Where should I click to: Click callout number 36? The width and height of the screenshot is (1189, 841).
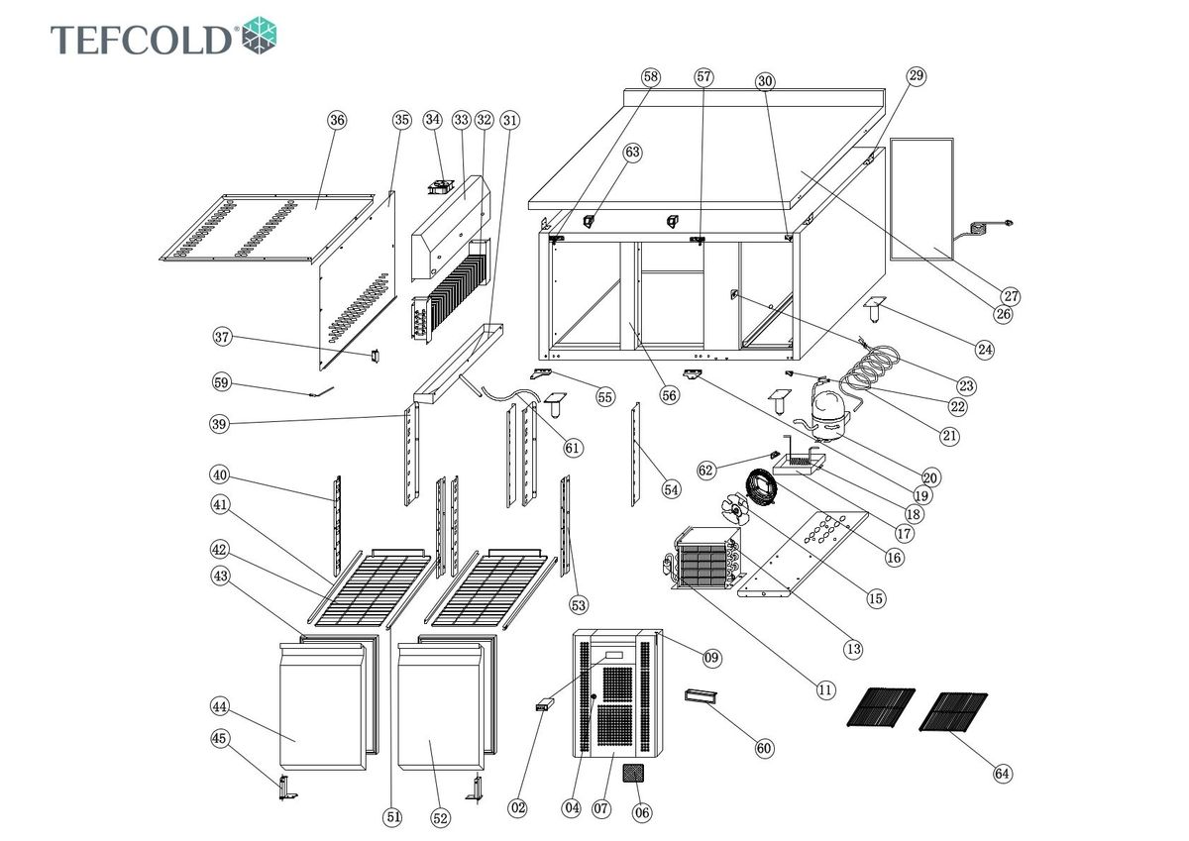pyautogui.click(x=338, y=120)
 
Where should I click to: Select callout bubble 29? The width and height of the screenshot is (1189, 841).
pyautogui.click(x=916, y=76)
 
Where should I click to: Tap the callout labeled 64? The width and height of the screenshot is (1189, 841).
pyautogui.click(x=1003, y=774)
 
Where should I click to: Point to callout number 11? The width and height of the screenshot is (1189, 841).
pyautogui.click(x=825, y=689)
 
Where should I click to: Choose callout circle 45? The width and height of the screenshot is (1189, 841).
pyautogui.click(x=220, y=738)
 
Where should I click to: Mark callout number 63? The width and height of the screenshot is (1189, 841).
pyautogui.click(x=632, y=152)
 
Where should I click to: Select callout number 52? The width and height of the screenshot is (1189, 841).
pyautogui.click(x=440, y=818)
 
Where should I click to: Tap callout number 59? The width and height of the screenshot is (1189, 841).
pyautogui.click(x=220, y=382)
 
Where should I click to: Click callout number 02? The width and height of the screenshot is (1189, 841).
pyautogui.click(x=518, y=808)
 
